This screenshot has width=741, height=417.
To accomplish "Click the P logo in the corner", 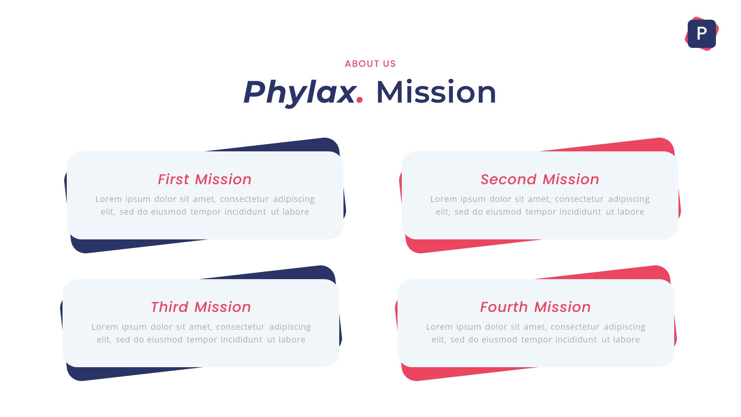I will pyautogui.click(x=702, y=34).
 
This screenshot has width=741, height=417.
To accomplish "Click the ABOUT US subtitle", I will pyautogui.click(x=370, y=64).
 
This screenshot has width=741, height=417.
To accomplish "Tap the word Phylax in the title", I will pyautogui.click(x=299, y=92).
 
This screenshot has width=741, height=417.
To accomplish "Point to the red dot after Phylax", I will pyautogui.click(x=360, y=100).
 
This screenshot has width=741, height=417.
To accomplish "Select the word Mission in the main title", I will pyautogui.click(x=436, y=92).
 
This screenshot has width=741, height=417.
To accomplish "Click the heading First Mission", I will pyautogui.click(x=205, y=180).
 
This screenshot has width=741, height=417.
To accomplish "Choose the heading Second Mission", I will pyautogui.click(x=540, y=180).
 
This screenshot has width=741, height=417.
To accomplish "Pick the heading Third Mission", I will pyautogui.click(x=201, y=307).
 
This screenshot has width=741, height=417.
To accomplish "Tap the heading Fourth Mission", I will pyautogui.click(x=535, y=307).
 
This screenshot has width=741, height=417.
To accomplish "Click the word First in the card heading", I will pyautogui.click(x=173, y=180).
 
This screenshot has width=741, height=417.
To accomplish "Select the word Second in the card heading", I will pyautogui.click(x=508, y=180).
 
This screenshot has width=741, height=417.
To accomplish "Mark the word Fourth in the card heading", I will pyautogui.click(x=504, y=307).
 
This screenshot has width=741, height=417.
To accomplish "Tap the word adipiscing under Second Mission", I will pyautogui.click(x=629, y=199).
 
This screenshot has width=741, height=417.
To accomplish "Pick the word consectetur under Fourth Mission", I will pyautogui.click(x=575, y=327).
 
